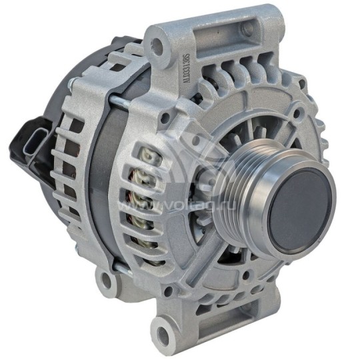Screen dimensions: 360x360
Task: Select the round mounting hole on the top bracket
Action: [158, 45]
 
